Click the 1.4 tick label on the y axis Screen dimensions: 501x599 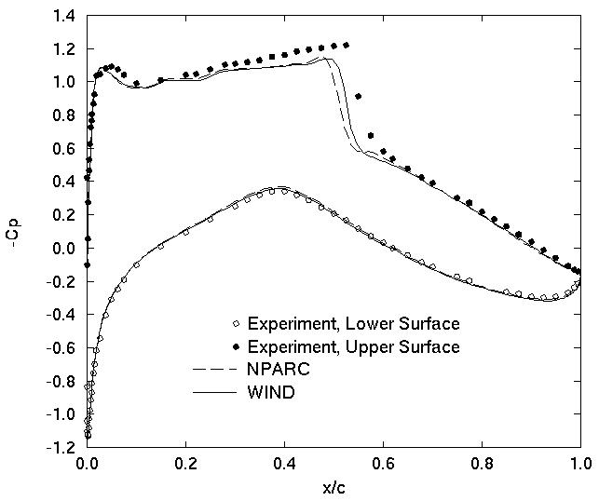pyautogui.click(x=64, y=15)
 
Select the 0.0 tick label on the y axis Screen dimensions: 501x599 pyautogui.click(x=64, y=249)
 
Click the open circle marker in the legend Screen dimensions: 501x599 pyautogui.click(x=237, y=324)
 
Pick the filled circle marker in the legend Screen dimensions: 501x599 pyautogui.click(x=237, y=347)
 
